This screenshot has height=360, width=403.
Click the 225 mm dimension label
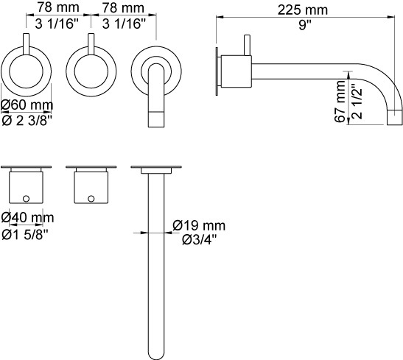click(303, 10)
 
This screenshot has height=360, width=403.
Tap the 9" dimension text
click(305, 25)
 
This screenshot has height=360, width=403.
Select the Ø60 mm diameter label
click(27, 105)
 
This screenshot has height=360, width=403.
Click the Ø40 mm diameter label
click(27, 218)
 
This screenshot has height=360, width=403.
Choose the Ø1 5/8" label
click(25, 234)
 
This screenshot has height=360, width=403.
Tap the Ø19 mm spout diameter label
click(199, 225)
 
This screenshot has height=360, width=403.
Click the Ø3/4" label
click(200, 240)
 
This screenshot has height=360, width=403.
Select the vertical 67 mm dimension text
click(340, 101)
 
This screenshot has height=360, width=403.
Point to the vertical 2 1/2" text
click(357, 101)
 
